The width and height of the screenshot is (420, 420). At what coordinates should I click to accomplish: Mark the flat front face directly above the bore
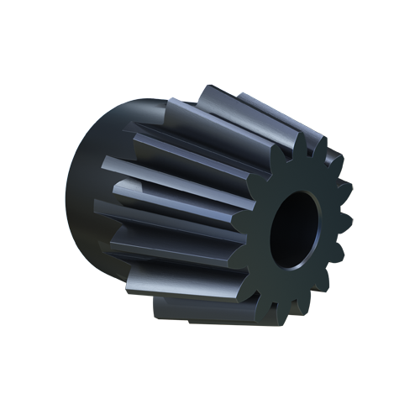pyautogui.click(x=294, y=178)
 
